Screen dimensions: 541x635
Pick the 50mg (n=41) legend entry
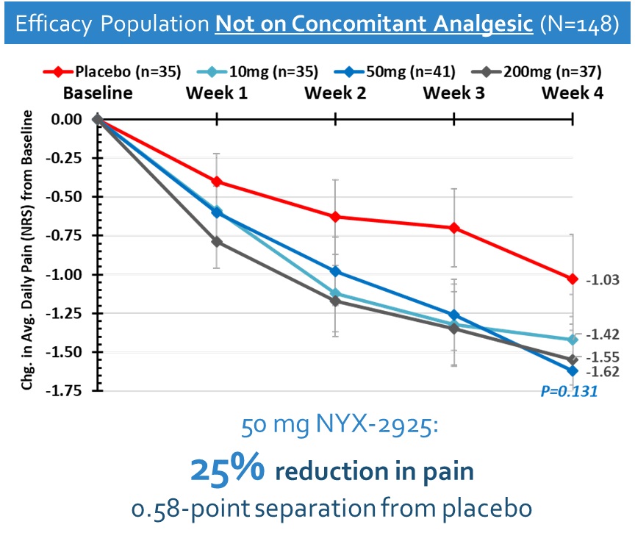(409, 71)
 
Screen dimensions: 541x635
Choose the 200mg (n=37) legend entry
(553, 71)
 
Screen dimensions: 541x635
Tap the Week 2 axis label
(335, 93)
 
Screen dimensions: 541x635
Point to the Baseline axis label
(98, 93)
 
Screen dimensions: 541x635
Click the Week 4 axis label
(572, 93)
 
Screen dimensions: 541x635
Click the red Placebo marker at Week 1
(217, 182)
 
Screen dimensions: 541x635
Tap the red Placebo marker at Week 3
(454, 228)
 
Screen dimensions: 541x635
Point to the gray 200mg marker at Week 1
(217, 242)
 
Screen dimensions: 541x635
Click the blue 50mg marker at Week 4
(573, 370)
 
